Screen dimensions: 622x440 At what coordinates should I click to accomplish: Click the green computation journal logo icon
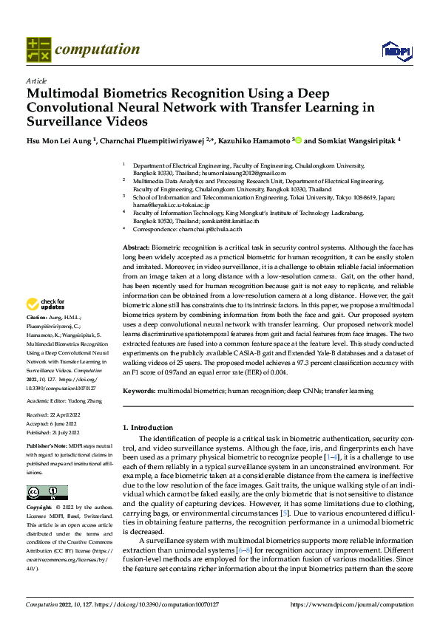click(x=38, y=49)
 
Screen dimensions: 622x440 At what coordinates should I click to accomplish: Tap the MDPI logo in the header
click(x=396, y=50)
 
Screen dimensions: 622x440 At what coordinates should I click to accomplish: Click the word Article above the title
click(x=36, y=80)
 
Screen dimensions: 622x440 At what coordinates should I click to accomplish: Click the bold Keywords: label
click(x=138, y=390)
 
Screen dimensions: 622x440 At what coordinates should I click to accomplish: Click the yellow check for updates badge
click(x=46, y=304)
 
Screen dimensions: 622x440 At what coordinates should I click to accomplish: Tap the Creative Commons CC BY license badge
click(x=47, y=493)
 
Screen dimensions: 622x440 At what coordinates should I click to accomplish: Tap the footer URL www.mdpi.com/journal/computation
click(x=352, y=605)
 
